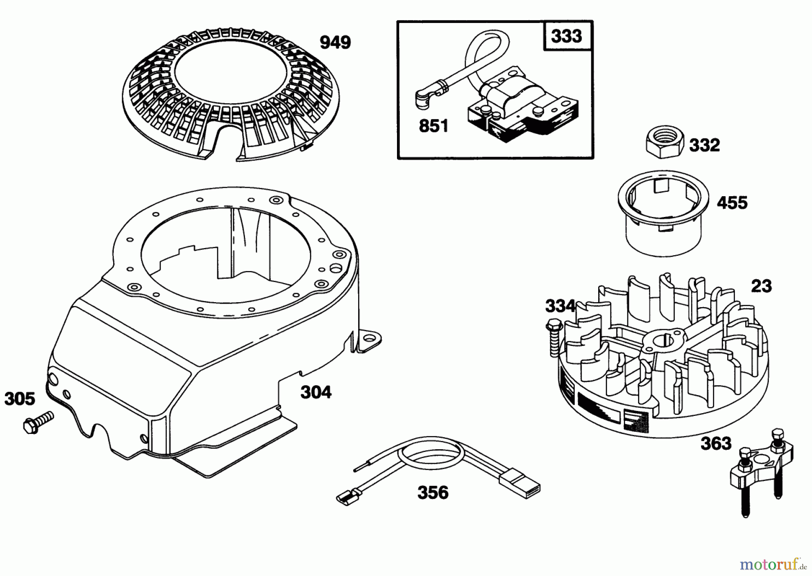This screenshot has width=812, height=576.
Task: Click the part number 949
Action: tap(335, 43)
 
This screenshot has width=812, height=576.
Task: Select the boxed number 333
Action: tap(566, 36)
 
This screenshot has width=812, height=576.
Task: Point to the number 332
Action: tap(704, 145)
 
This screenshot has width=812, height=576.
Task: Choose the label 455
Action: tap(732, 203)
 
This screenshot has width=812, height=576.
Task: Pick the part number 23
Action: tap(761, 286)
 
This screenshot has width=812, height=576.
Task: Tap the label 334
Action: tap(560, 306)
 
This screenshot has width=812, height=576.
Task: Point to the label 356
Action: tap(433, 493)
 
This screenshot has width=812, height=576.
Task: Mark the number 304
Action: tap(316, 392)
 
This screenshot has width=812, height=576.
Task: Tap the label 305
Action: tap(19, 399)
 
